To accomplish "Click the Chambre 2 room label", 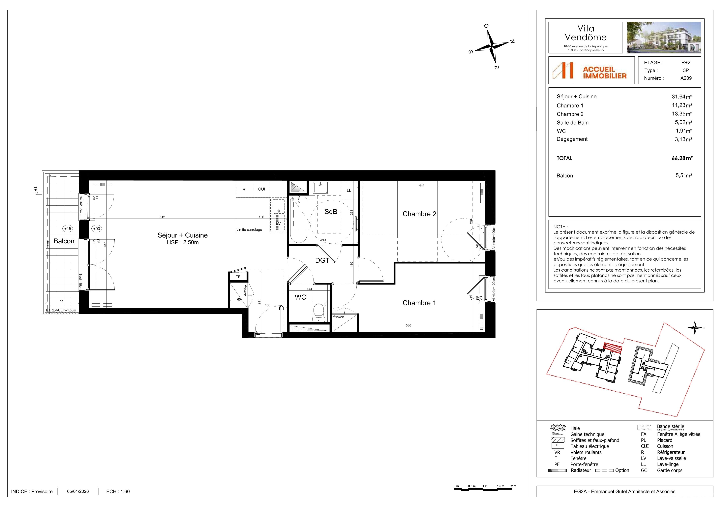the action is tap(419, 214).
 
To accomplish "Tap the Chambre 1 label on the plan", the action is tap(419, 303).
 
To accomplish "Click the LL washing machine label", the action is tap(349, 191).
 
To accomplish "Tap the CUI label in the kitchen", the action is tap(261, 189).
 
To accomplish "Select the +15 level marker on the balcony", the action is tap(67, 229).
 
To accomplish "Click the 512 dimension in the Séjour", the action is tap(162, 217).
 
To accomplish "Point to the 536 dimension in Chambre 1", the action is tap(408, 325).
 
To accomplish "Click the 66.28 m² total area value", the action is tap(682, 158).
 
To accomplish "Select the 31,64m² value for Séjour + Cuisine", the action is tap(682, 97).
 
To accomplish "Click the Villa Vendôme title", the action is tap(586, 33).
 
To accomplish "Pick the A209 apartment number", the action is tap(686, 78).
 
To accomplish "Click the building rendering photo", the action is tap(664, 38).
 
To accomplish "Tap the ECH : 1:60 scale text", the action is tap(118, 492).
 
